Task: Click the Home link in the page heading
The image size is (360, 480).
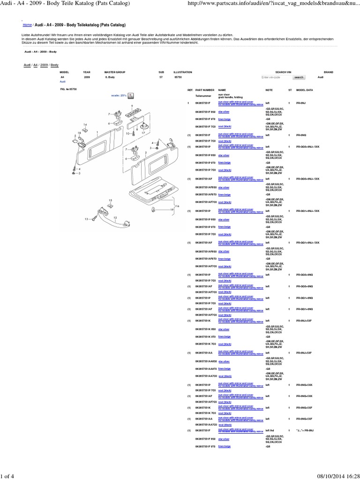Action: pyautogui.click(x=27, y=24)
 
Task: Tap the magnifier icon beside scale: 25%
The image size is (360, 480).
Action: pyautogui.click(x=131, y=95)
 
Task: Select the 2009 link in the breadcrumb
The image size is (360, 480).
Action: pyautogui.click(x=45, y=65)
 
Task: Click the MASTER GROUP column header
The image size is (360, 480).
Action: pyautogui.click(x=113, y=72)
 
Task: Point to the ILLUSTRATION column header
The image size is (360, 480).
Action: pyautogui.click(x=183, y=72)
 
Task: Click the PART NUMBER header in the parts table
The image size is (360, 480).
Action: pyautogui.click(x=205, y=89)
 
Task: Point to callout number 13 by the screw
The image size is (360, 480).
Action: pyautogui.click(x=86, y=219)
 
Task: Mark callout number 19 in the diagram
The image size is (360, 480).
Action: pyautogui.click(x=172, y=210)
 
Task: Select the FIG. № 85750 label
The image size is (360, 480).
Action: pyautogui.click(x=68, y=89)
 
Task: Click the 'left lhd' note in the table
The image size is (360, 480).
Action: pyautogui.click(x=270, y=430)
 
